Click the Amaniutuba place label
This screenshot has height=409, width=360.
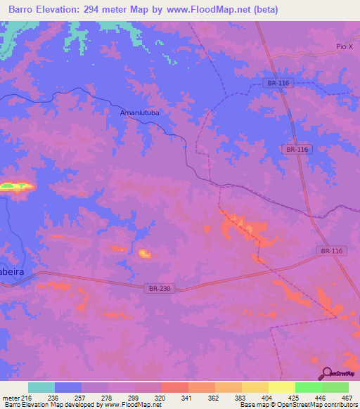click(x=141, y=112)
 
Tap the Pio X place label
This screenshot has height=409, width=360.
click(x=344, y=46)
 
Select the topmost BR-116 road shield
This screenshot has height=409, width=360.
click(x=278, y=83)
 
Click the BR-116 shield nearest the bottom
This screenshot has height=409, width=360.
click(x=330, y=251)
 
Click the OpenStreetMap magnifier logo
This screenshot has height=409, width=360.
click(x=326, y=373)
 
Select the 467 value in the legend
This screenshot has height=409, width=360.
click(x=347, y=398)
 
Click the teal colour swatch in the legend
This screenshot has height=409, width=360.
click(x=41, y=387)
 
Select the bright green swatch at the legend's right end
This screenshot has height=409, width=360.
click(x=335, y=387)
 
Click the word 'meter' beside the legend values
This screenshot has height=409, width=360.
click(x=11, y=398)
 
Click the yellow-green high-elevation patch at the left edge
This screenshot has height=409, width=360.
click(x=16, y=186)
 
